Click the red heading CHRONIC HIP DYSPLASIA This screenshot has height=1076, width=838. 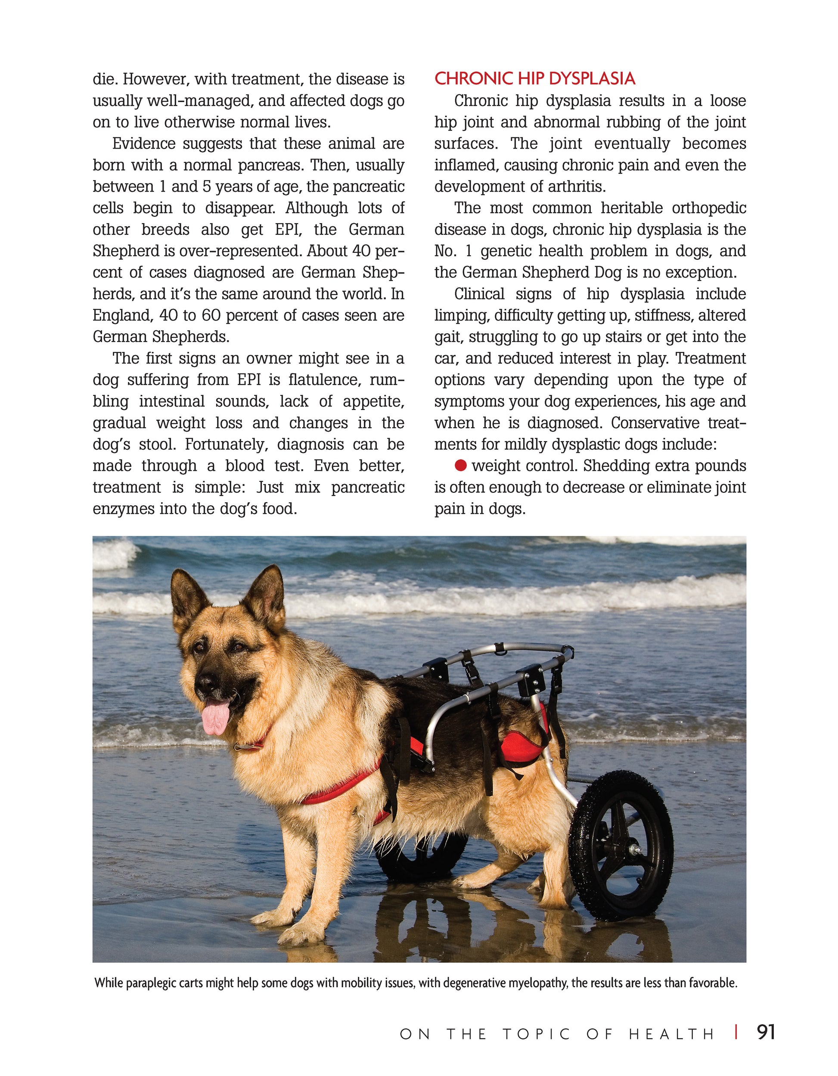[534, 79]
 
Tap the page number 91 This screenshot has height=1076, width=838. [766, 1032]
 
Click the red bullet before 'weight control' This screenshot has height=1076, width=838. [461, 465]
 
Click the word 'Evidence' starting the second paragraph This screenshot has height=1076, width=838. [143, 144]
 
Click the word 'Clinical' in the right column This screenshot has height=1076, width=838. [479, 294]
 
